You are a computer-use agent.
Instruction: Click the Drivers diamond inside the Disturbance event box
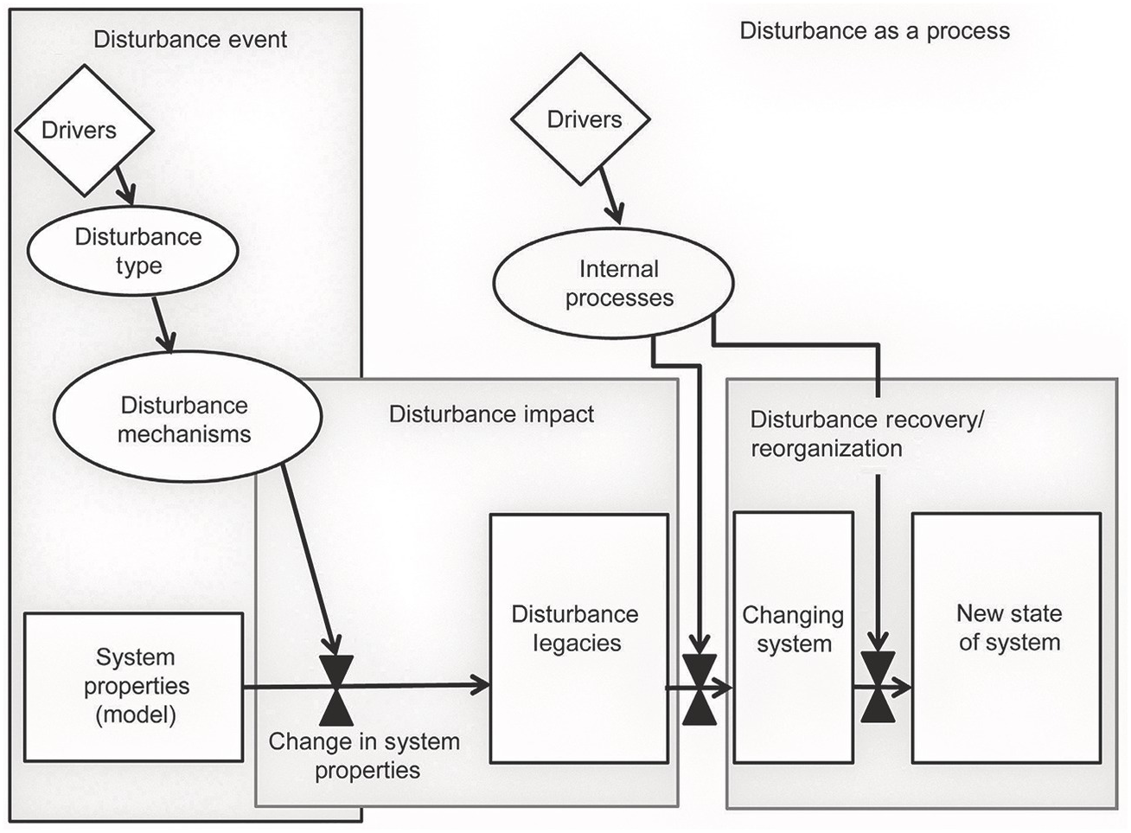tap(83, 131)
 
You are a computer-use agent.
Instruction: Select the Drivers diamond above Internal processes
tap(580, 119)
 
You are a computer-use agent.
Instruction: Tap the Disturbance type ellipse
tap(138, 251)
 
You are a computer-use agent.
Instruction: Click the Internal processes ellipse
tap(614, 284)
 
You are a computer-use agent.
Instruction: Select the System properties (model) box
tap(133, 687)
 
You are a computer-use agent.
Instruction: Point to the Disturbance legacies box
tap(578, 638)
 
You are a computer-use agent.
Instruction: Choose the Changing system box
tap(793, 638)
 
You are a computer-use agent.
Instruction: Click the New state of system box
tap(1006, 638)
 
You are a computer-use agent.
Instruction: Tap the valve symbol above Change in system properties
tap(335, 689)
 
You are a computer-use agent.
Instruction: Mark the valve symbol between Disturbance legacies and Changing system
tap(700, 689)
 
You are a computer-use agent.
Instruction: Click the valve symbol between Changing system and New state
tap(879, 688)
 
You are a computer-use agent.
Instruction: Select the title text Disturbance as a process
tap(874, 32)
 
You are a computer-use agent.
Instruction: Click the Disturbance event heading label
tap(190, 39)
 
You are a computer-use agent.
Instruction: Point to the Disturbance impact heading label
tap(491, 414)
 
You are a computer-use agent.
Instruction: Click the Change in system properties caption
tap(365, 755)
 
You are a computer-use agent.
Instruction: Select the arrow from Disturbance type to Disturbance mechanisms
tap(163, 325)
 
